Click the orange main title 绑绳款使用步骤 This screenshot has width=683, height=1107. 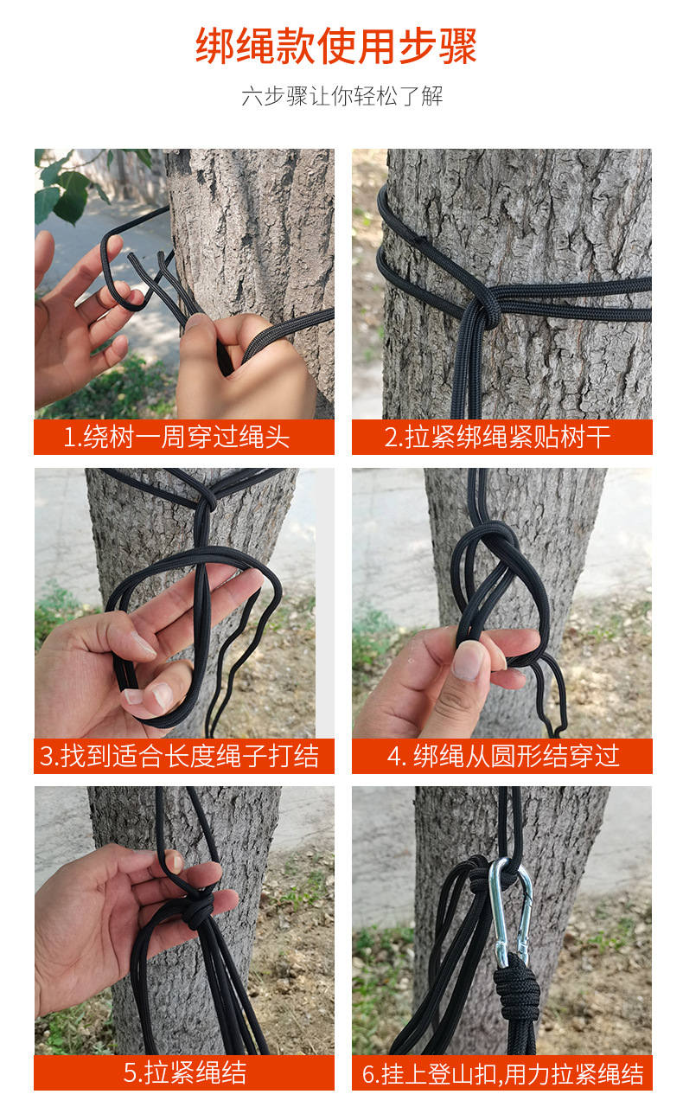tap(336, 46)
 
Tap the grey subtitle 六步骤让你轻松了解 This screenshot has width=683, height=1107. tap(342, 96)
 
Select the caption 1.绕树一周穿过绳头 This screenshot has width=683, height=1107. tap(176, 437)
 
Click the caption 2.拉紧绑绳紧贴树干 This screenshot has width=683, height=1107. tap(497, 437)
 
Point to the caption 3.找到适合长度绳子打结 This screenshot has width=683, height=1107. tap(179, 756)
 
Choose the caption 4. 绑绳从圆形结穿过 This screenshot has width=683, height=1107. tap(503, 756)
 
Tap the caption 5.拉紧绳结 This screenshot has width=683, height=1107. tap(184, 1072)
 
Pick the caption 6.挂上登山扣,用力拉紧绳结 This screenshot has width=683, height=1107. tap(503, 1073)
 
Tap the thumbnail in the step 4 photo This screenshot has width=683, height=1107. tap(467, 660)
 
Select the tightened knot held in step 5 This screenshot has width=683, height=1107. tap(198, 908)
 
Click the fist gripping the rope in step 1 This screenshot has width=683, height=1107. tap(245, 366)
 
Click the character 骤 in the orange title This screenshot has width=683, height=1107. tap(457, 46)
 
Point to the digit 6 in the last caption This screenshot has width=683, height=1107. tap(368, 1074)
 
